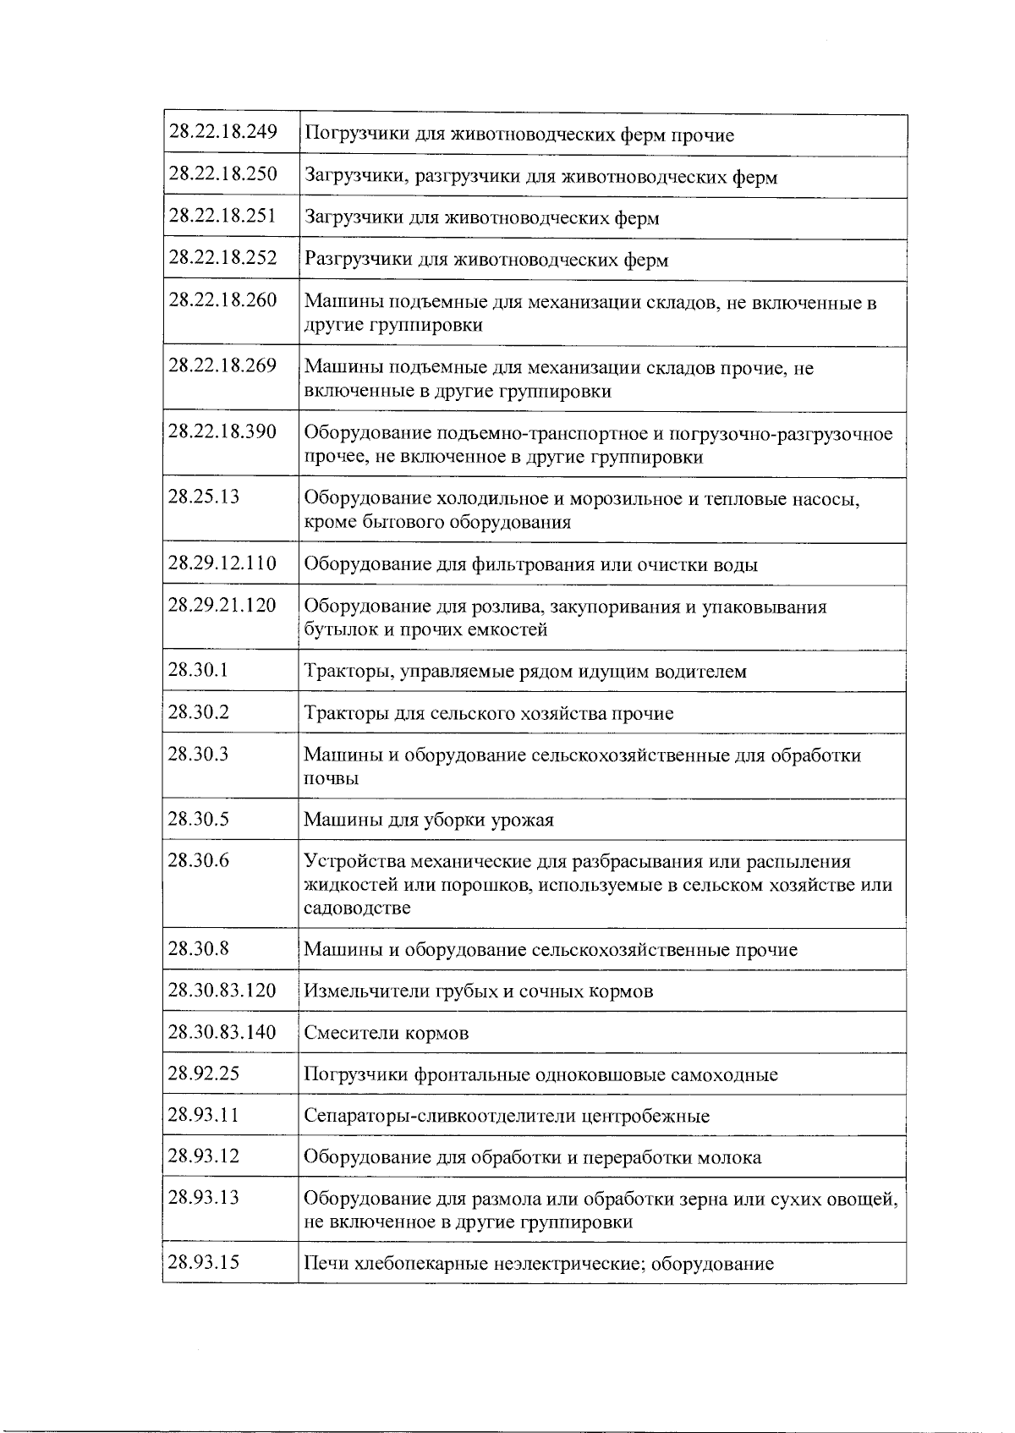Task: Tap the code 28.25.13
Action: pos(204,496)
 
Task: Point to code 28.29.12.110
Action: pos(222,563)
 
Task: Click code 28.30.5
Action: pos(199,818)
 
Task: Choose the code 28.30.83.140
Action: pos(222,1031)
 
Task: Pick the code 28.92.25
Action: pos(204,1073)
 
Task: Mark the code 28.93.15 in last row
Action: pos(204,1262)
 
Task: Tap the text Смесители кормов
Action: pos(386,1033)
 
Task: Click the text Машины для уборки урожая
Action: pos(429,820)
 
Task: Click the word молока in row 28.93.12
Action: pos(728,1157)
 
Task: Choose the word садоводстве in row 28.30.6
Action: pos(357,908)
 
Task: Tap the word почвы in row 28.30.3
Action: pos(331,778)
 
